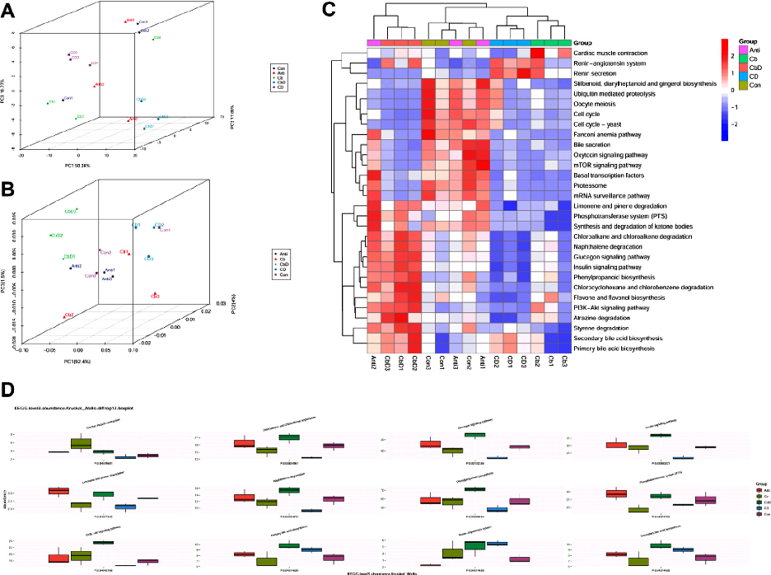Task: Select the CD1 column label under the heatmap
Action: (511, 363)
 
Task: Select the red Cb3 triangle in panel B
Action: (154, 294)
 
